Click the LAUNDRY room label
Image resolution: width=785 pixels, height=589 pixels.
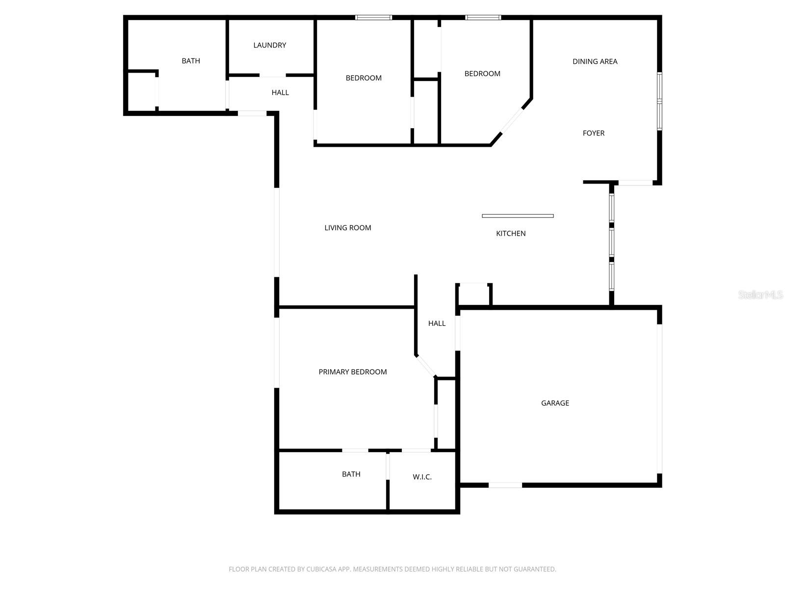pos(269,45)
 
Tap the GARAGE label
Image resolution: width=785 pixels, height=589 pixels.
pos(555,403)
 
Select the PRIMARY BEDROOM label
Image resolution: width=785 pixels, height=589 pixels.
pos(353,372)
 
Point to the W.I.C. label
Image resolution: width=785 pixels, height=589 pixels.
pos(422,477)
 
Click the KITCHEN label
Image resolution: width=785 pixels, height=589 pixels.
pos(511,234)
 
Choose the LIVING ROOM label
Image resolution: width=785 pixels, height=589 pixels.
pos(348,228)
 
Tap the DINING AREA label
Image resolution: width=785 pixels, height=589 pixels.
pos(595,61)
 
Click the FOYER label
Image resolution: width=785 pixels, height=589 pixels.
pos(593,133)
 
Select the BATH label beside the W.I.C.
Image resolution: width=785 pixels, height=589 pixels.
pos(351,474)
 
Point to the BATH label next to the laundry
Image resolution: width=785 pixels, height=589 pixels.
pos(191,61)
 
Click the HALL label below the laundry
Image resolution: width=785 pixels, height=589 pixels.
pos(280,92)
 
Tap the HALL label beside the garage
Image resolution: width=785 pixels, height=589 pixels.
pos(437,323)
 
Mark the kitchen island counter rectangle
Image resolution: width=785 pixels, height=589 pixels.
pos(518,216)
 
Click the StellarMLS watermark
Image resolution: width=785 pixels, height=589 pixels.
pos(760,295)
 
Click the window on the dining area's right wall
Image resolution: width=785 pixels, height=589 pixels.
pos(659,101)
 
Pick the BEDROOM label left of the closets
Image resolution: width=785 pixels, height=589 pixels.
pos(364,78)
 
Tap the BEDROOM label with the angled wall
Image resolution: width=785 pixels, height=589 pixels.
pos(482,74)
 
